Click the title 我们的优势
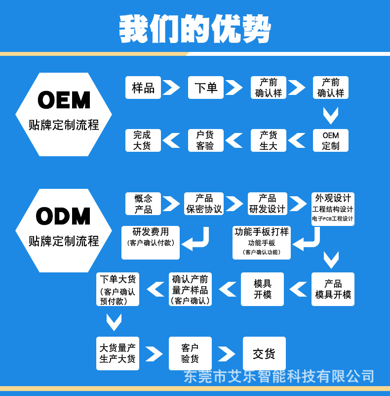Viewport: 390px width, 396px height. tap(195, 29)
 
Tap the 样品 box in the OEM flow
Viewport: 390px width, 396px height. tap(143, 88)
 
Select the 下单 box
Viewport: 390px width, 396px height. tap(206, 88)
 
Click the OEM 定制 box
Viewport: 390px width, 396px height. tap(330, 140)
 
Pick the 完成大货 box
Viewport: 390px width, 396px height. tap(142, 140)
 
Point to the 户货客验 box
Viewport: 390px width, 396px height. tap(205, 140)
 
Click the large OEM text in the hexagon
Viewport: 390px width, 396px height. tap(64, 100)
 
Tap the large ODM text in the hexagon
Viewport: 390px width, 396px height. tap(64, 217)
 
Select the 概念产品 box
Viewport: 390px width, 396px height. tap(143, 204)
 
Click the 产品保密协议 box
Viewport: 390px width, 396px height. tap(204, 204)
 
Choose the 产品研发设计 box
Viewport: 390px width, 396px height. tap(267, 204)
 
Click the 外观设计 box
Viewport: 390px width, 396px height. tap(333, 208)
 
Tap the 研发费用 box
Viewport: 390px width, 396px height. tap(151, 242)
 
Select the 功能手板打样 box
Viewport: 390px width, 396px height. tap(262, 242)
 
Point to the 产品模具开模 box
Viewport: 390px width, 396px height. tap(333, 289)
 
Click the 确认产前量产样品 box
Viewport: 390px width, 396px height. tap(190, 289)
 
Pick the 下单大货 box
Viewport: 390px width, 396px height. tap(117, 289)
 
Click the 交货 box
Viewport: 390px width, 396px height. tap(264, 353)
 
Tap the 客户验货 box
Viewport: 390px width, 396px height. tap(190, 353)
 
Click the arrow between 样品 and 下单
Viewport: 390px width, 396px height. tap(171, 88)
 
